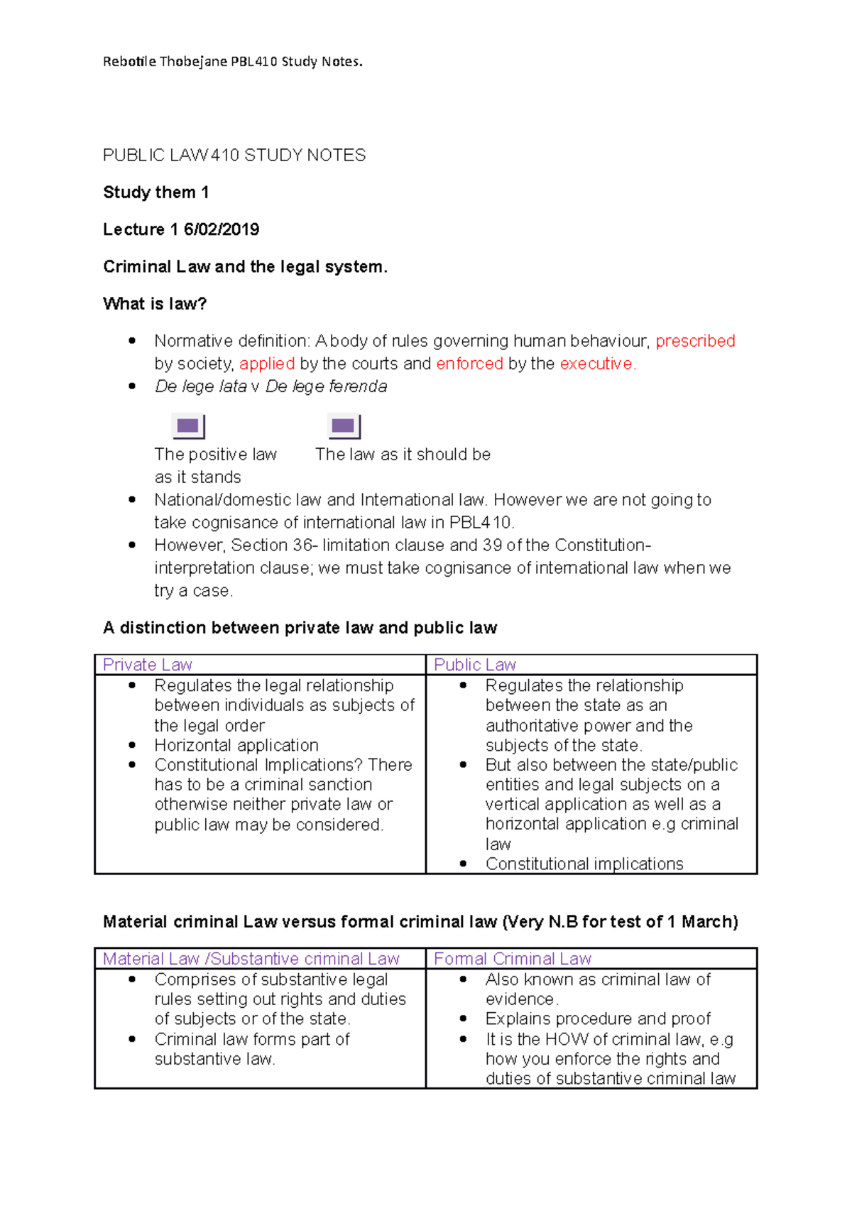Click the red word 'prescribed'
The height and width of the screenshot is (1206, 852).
pos(695,341)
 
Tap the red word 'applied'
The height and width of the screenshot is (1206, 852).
pos(267,364)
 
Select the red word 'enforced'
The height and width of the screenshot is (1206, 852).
pos(469,364)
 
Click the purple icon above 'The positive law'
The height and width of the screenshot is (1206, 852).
pos(188,426)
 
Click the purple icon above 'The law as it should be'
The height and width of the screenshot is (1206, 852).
pos(344,426)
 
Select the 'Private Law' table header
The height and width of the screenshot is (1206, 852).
pos(148,665)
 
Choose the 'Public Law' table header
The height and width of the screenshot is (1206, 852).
pos(474,665)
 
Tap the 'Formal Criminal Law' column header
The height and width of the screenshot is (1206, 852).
pos(512,959)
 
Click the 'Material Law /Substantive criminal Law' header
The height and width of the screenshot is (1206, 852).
pos(251,959)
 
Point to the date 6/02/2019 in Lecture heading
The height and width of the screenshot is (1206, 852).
pos(222,229)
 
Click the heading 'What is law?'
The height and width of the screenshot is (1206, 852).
pos(155,304)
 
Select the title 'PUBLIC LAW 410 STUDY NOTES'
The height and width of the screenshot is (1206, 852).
pos(234,156)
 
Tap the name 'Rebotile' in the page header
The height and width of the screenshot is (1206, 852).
pos(129,62)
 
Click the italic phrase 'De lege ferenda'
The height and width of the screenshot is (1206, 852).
pos(327,386)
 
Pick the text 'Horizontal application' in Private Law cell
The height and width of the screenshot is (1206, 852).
pos(236,745)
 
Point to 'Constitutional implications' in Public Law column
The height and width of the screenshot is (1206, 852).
pos(584,864)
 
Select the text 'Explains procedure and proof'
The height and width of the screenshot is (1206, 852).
pos(598,1018)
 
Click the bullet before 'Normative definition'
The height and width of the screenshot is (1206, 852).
pos(132,341)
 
